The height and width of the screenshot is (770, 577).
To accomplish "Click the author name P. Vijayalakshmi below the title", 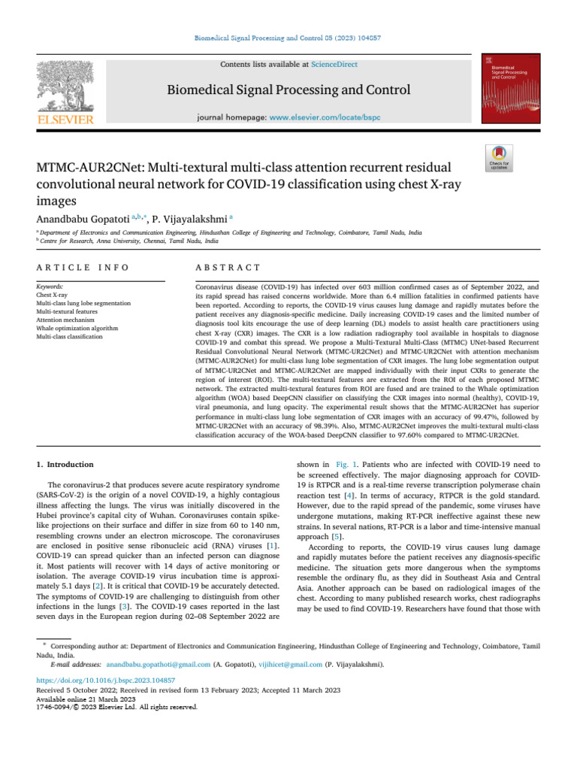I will (x=189, y=219).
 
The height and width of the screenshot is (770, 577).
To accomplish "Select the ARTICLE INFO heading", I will (x=83, y=268).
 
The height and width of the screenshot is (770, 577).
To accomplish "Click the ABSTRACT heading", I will (x=228, y=268).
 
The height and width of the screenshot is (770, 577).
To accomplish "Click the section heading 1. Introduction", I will (x=65, y=465).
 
